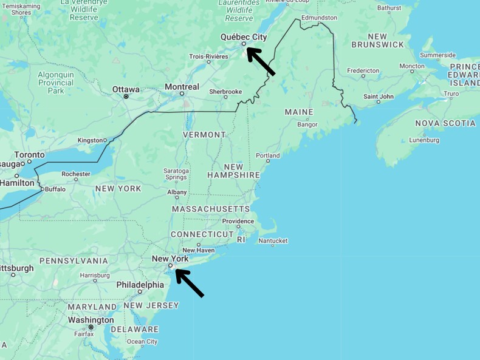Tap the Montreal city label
182,87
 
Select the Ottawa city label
126,89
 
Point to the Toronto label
29,155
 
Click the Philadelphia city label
140,284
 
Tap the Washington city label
91,320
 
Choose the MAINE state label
299,112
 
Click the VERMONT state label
204,134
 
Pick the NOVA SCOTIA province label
445,123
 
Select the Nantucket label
273,241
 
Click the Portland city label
267,155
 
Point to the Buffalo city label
55,189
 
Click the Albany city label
177,192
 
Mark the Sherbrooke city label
225,92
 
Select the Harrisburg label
95,275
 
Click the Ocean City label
142,341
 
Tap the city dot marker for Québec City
244,44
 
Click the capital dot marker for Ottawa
126,97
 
